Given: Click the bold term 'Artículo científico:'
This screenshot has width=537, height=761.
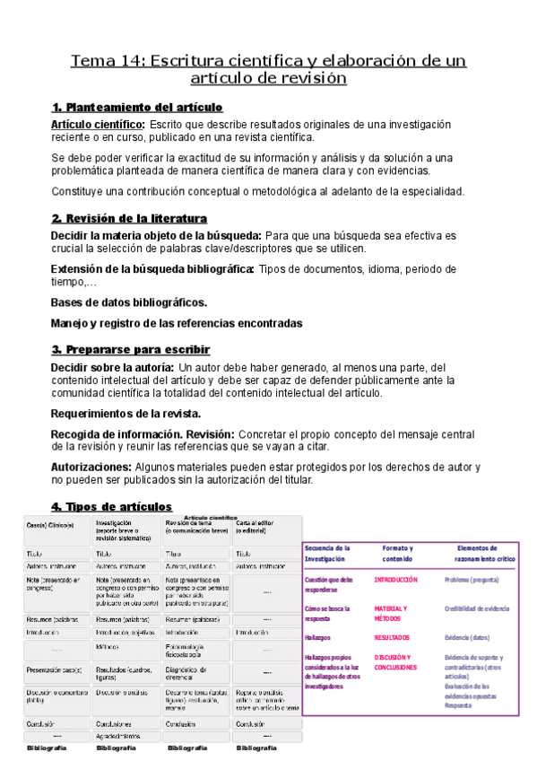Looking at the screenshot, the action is (x=98, y=124).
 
